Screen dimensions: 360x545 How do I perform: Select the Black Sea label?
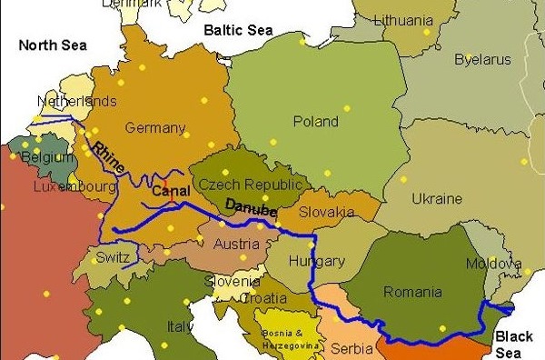(x=514, y=345)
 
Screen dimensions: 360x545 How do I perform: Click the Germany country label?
(x=154, y=127)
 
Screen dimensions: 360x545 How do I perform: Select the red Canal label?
(x=170, y=192)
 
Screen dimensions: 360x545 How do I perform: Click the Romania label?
(x=412, y=292)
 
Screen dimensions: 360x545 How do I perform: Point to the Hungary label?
(x=316, y=262)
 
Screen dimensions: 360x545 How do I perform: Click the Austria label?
(x=235, y=244)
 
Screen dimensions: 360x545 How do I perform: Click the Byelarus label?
(x=482, y=60)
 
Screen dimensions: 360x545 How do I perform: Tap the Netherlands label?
(x=77, y=101)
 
